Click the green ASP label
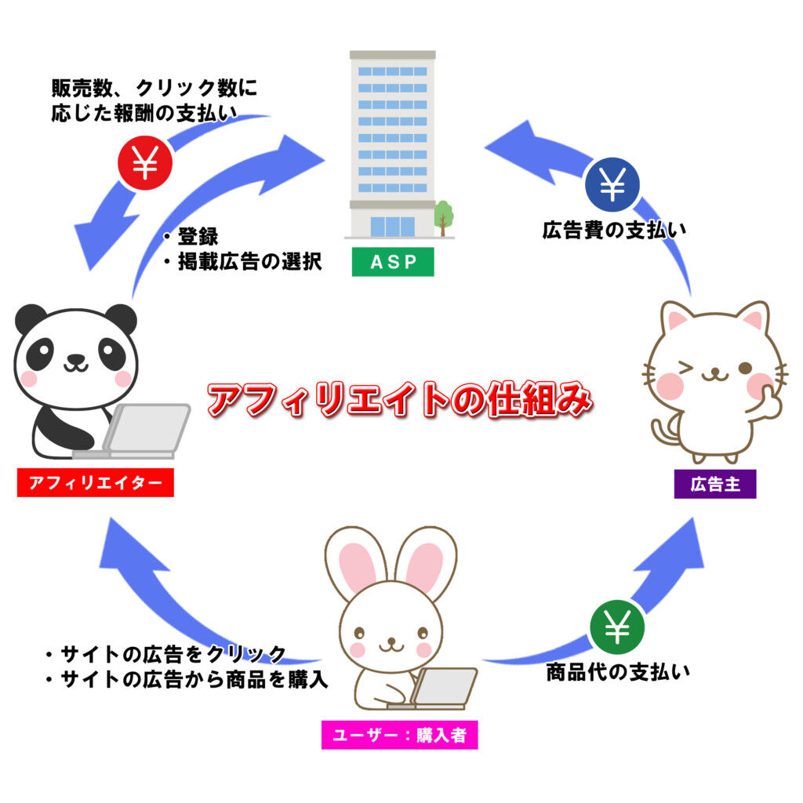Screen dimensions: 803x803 pos(392,263)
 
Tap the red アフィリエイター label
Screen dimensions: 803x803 pos(95,483)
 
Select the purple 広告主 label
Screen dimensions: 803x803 pos(714,485)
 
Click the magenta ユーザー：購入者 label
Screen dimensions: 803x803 pos(399,736)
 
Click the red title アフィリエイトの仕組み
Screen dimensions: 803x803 pos(399,401)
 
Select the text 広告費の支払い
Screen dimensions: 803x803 pos(614,231)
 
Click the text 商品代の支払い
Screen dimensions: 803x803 pos(618,673)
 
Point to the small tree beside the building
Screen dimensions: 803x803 pos(444,216)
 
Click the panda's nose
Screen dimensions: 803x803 pos(75,359)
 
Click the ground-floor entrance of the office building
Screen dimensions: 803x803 pos(392,226)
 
